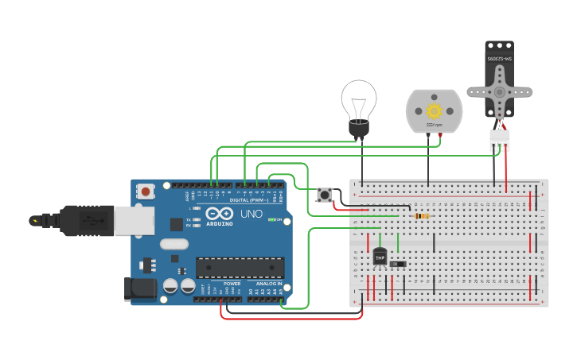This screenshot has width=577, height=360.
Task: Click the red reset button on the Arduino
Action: click(x=146, y=191)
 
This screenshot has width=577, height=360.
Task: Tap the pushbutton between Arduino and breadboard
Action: click(x=325, y=194)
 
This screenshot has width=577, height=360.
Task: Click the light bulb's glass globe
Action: click(x=358, y=99)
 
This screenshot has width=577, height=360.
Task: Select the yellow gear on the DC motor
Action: click(x=434, y=110)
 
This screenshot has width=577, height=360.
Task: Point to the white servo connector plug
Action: click(x=499, y=140)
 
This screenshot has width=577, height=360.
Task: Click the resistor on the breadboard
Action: click(x=422, y=215)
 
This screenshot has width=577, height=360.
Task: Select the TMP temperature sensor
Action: click(x=380, y=257)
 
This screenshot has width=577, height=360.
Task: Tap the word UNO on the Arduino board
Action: click(x=251, y=214)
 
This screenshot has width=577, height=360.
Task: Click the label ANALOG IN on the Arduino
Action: click(x=268, y=284)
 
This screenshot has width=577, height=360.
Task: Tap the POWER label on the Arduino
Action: click(x=232, y=284)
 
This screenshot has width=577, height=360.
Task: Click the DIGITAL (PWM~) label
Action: click(x=249, y=200)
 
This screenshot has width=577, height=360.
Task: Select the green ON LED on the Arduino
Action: click(x=272, y=219)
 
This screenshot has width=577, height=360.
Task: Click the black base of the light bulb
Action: click(x=359, y=129)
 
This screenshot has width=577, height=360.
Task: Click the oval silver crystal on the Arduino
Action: click(x=174, y=246)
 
